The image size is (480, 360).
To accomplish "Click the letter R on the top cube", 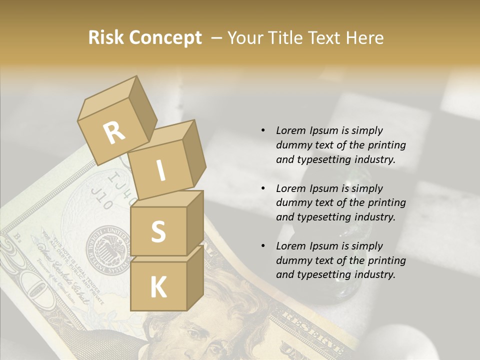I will tap(114, 133).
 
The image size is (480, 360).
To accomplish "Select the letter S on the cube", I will tap(158, 231).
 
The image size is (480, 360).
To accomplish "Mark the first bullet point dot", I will tap(263, 130).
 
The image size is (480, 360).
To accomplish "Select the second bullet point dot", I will tap(263, 188).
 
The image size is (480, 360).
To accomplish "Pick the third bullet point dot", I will tap(263, 246).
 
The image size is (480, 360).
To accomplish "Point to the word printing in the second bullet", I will tap(386, 202).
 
